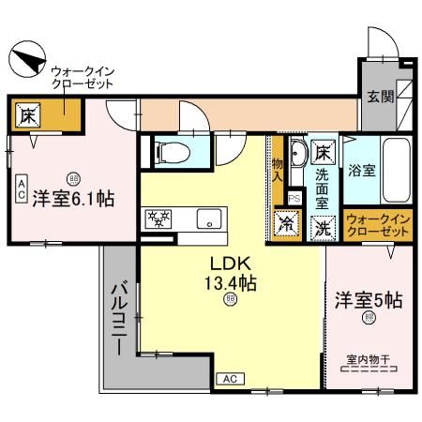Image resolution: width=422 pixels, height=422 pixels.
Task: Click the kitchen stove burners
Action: [x=156, y=219]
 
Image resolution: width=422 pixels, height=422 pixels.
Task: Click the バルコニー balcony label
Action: [x=120, y=318]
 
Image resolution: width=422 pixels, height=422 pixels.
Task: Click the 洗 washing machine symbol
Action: [x=322, y=225]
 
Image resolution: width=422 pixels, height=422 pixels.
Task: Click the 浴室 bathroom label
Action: [x=362, y=172]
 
